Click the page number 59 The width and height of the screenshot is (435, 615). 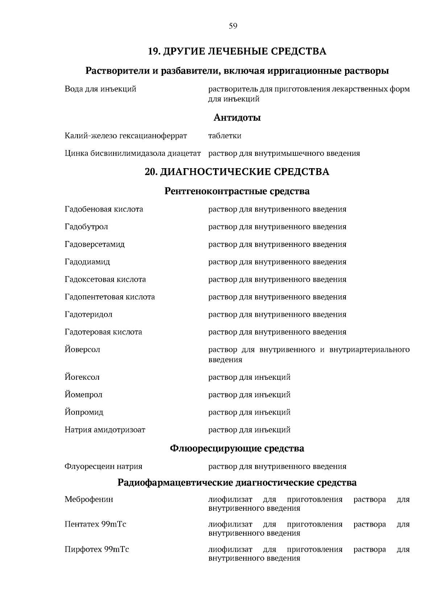[x=233, y=26]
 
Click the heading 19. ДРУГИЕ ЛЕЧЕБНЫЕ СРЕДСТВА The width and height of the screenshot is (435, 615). [x=237, y=51]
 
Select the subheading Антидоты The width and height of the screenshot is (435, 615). [x=237, y=118]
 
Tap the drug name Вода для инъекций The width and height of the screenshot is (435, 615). [x=100, y=89]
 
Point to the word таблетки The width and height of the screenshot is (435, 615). [x=225, y=136]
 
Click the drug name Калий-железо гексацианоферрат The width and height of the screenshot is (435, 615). [x=126, y=136]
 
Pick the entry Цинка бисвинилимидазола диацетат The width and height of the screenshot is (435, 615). [x=132, y=153]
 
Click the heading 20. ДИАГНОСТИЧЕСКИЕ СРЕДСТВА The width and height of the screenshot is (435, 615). [x=237, y=172]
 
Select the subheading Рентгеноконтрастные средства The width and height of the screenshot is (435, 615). [x=237, y=191]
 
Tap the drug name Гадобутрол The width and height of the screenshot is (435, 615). [x=86, y=227]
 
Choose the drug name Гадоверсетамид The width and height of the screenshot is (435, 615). [x=95, y=244]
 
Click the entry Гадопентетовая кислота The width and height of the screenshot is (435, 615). [x=110, y=297]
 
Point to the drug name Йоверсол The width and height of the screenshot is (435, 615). [x=82, y=350]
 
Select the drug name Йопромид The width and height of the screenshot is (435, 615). [x=84, y=412]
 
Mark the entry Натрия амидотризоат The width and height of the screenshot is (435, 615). [x=105, y=430]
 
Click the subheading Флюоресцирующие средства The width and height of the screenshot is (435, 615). [x=237, y=449]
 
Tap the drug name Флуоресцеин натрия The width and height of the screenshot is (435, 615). [x=103, y=467]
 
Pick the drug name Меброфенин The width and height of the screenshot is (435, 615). [x=89, y=499]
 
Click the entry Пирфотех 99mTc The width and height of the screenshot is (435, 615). [x=97, y=549]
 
